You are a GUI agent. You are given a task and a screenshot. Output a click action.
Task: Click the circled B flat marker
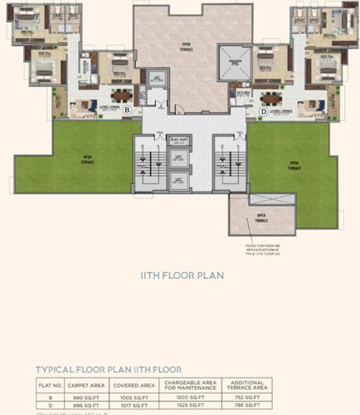coord(127,109)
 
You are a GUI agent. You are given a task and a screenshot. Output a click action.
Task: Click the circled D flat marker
coord(264,110)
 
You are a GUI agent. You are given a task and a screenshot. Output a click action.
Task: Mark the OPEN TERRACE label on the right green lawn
coord(294,164)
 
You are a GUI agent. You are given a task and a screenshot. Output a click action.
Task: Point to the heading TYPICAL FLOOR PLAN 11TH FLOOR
coord(108,369)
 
